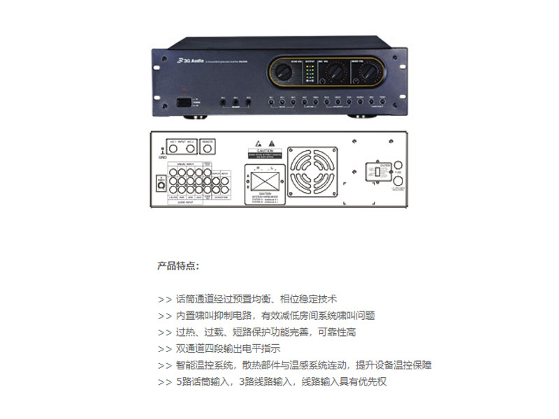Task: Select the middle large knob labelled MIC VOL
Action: point(336,73)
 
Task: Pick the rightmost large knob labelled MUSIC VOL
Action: point(368,73)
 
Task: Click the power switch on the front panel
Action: point(183,101)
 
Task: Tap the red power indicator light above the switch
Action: point(184,92)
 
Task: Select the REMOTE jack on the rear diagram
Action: point(208,145)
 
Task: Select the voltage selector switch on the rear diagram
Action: point(378,171)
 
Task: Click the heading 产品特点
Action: point(177,266)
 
